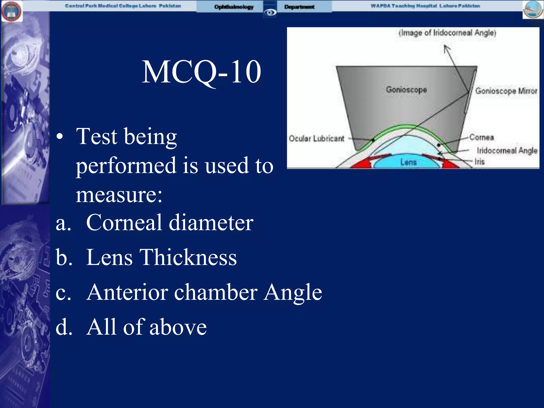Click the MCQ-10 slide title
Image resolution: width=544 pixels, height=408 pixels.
coord(201,72)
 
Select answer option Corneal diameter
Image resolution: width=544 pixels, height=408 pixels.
coord(169,223)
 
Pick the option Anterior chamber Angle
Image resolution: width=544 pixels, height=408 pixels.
coord(204,292)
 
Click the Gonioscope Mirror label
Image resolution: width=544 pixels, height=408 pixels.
coord(506,91)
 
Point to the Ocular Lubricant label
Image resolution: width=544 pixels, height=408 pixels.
coord(316,138)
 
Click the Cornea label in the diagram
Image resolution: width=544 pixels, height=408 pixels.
coord(481,137)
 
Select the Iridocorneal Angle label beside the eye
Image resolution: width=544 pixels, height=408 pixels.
coord(507,151)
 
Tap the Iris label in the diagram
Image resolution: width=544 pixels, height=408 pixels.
coord(479,161)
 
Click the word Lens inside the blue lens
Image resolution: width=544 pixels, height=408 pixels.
coord(408,162)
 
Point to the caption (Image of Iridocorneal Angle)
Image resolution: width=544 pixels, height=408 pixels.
coord(447,33)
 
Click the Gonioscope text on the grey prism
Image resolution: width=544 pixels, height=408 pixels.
coord(406,90)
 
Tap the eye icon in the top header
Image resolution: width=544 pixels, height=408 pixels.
coord(270,12)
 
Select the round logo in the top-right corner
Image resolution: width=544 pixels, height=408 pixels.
coord(533,10)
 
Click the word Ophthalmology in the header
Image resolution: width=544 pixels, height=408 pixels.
coord(234,7)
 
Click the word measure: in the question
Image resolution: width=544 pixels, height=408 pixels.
coord(119,195)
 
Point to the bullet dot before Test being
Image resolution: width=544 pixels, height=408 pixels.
coord(60,137)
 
